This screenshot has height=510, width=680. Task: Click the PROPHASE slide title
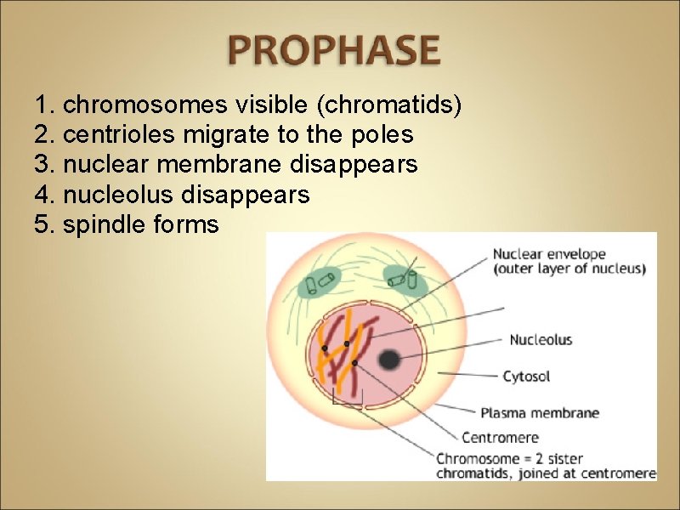point(333,52)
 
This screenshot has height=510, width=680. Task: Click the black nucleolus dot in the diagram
point(389,360)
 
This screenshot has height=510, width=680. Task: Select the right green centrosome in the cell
point(404,280)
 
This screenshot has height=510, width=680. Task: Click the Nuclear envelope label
point(549,253)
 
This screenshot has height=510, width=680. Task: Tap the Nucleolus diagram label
point(541,340)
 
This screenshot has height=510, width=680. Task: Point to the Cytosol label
point(526,376)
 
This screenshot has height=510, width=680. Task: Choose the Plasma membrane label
point(540,413)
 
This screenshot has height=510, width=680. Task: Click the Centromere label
point(500,438)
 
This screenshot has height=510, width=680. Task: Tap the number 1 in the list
point(42,105)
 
